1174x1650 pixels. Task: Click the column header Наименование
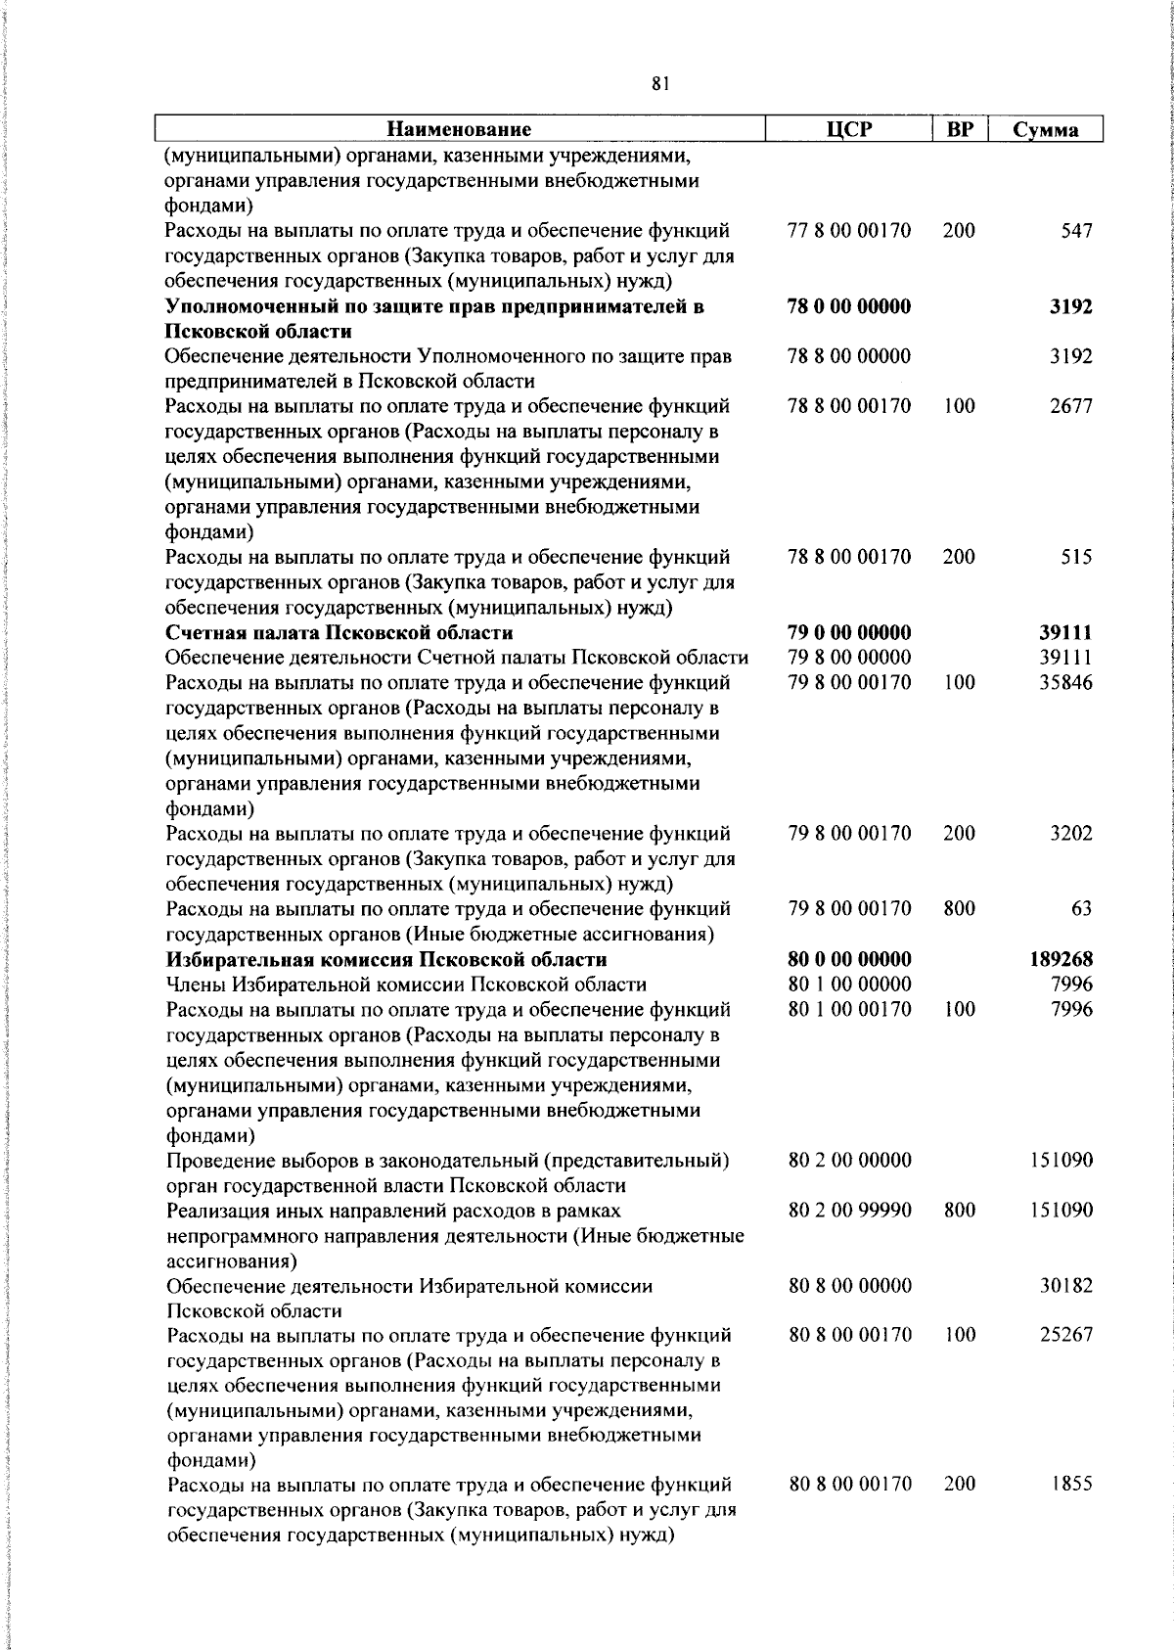459,129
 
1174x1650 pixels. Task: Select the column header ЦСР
848,129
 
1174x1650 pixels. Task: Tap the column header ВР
960,129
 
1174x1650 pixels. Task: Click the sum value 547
1076,232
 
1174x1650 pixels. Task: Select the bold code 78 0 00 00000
849,307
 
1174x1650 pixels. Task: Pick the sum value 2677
1071,406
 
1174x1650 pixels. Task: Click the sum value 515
1076,557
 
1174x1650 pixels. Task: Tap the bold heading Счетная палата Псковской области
339,632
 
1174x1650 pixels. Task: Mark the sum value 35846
1065,682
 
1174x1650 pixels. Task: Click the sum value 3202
1071,834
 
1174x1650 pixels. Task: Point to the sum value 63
1082,909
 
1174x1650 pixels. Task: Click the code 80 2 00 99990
850,1211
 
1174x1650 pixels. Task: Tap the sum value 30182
1066,1286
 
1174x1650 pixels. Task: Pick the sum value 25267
1066,1335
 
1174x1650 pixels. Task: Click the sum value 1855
1072,1485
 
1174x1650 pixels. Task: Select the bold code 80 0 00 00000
849,959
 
